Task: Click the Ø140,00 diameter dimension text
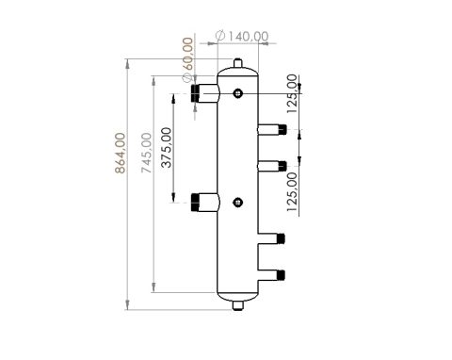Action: (x=243, y=36)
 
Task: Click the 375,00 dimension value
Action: (x=167, y=148)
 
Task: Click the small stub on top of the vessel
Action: (x=239, y=64)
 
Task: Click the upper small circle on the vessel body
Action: (x=238, y=92)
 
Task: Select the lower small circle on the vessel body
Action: (x=238, y=201)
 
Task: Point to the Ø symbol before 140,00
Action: (x=220, y=36)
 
